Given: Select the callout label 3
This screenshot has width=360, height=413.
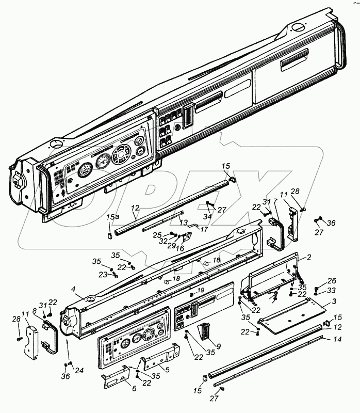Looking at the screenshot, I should click(x=320, y=300).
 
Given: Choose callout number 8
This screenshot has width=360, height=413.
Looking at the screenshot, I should click(x=35, y=311).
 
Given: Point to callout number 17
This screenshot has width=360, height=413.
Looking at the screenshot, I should click(x=205, y=230).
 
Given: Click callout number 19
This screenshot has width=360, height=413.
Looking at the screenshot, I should click(x=201, y=290).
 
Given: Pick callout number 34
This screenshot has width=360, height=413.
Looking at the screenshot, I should click(x=207, y=216).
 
